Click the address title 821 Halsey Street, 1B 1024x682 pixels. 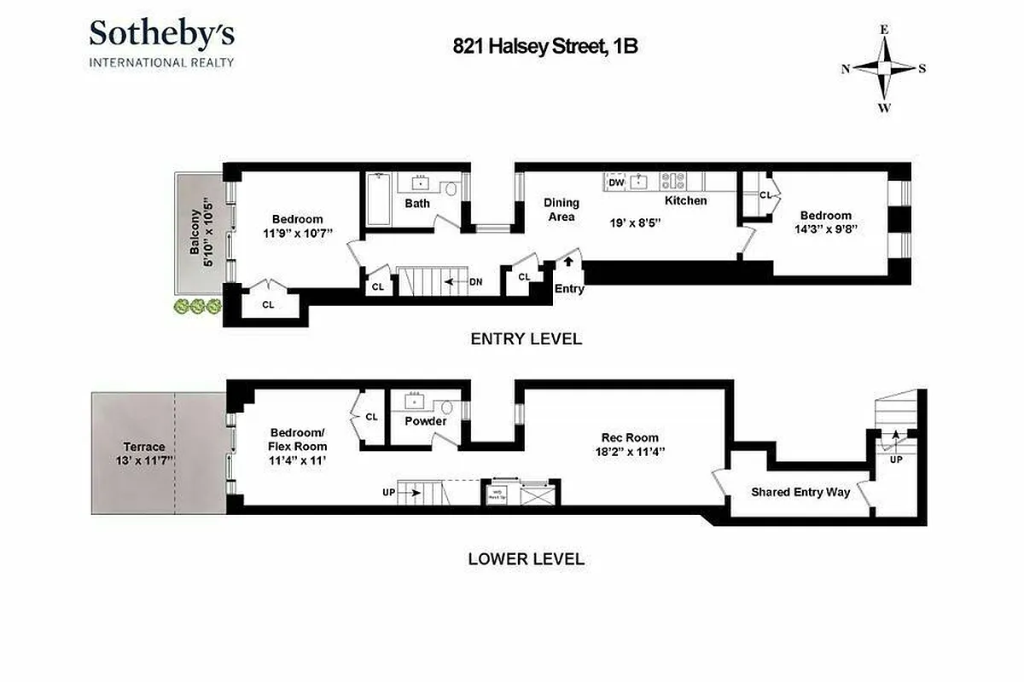coord(545,47)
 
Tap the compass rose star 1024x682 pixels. coord(885,69)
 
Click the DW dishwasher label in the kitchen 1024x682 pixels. coord(617,182)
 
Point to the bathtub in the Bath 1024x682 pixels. coord(379,199)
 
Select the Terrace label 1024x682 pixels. coord(144,447)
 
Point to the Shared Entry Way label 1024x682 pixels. coord(800,492)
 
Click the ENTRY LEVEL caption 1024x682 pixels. coord(527,338)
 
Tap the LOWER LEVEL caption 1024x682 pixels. coord(527,559)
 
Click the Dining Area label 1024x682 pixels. coord(561,209)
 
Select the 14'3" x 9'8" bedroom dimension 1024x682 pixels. coord(825,229)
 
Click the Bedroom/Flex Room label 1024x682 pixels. coord(298,439)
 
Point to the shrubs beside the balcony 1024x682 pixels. coord(196,306)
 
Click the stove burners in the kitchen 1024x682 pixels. coord(674,181)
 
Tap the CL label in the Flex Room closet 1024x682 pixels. coord(371,417)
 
